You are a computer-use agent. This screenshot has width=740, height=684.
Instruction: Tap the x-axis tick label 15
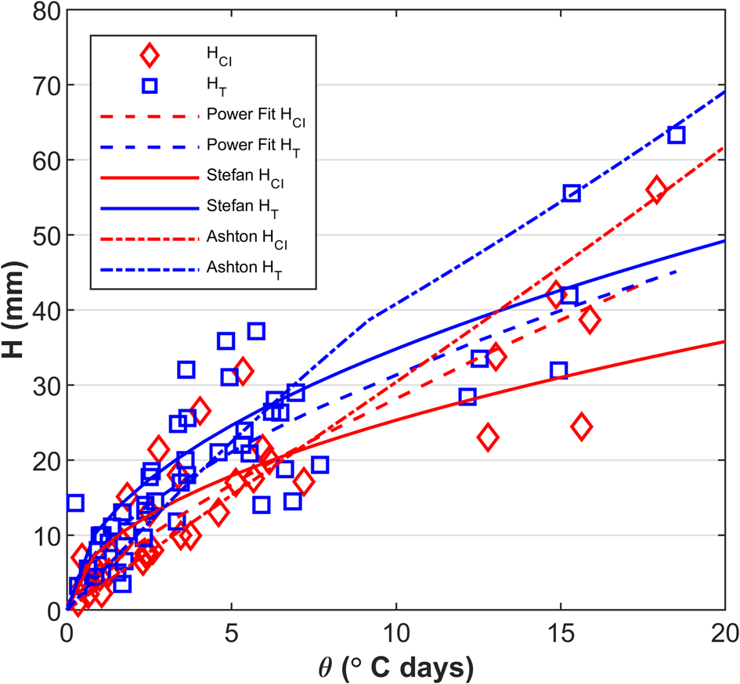[561, 630]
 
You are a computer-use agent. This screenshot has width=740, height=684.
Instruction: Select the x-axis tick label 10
[395, 630]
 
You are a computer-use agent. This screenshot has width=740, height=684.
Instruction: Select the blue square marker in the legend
[149, 86]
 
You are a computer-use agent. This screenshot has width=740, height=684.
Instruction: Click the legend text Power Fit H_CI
[256, 117]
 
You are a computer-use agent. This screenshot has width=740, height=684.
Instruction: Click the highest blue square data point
[677, 135]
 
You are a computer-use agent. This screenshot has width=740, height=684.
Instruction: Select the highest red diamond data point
[656, 189]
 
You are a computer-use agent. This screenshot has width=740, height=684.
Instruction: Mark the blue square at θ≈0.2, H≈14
[74, 503]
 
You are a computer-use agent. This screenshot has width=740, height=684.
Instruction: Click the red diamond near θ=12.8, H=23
[488, 437]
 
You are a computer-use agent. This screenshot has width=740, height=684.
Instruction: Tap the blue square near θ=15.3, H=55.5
[572, 193]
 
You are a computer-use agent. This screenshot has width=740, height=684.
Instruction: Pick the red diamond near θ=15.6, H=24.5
[581, 427]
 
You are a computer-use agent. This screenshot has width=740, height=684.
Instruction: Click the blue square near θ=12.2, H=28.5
[467, 396]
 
